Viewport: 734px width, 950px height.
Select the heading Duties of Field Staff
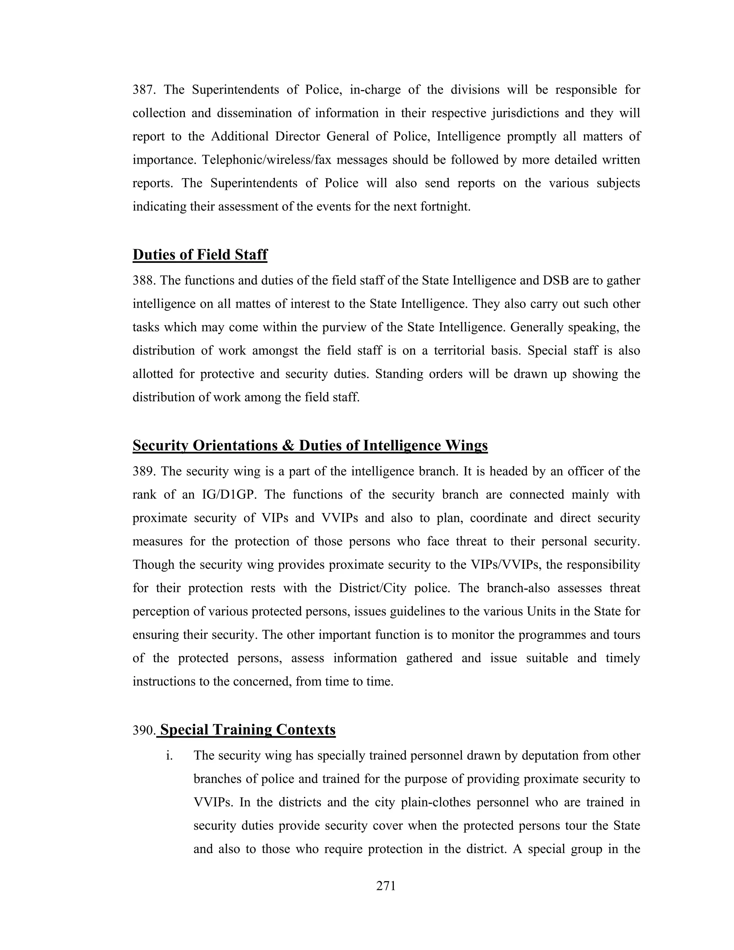(x=200, y=255)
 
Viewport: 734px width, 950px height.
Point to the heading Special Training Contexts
(x=248, y=730)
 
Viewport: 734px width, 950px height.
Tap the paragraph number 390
(x=143, y=730)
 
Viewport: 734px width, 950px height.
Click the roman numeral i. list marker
(x=170, y=756)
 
